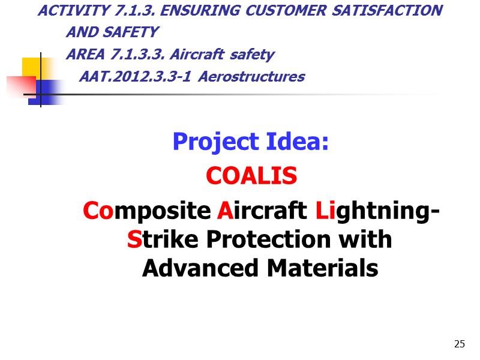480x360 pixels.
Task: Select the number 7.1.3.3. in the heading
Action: (x=136, y=55)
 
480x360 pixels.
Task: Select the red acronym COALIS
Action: (x=251, y=176)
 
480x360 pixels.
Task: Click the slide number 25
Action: (x=460, y=344)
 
